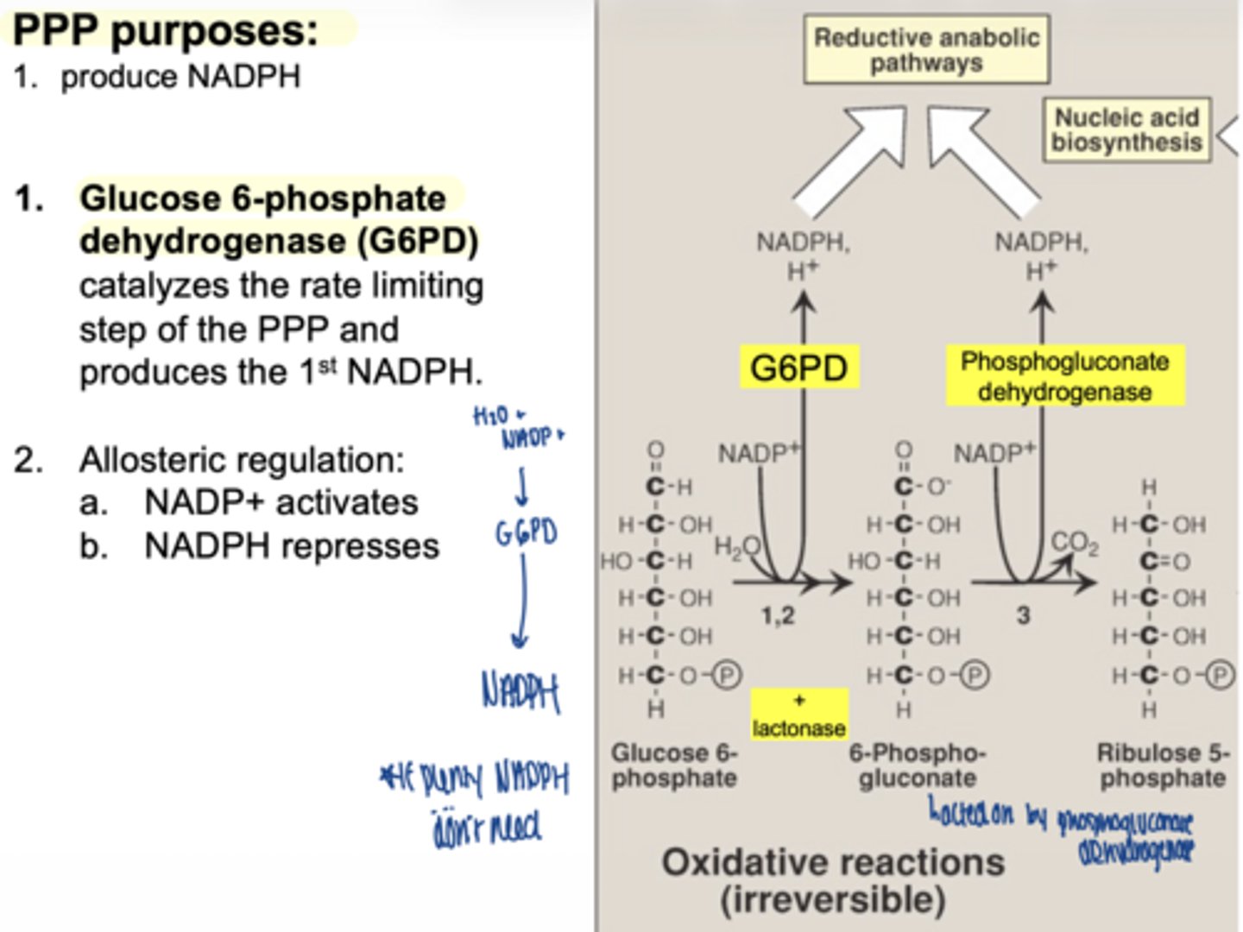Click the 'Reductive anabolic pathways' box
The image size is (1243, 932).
pyautogui.click(x=926, y=50)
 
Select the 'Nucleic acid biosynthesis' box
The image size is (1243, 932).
pyautogui.click(x=1126, y=129)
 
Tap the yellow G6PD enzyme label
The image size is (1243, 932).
pyautogui.click(x=798, y=368)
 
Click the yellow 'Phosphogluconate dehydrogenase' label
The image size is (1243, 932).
pyautogui.click(x=1064, y=376)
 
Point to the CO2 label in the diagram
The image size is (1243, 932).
pyautogui.click(x=1075, y=544)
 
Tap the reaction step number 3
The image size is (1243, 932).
pyautogui.click(x=1023, y=616)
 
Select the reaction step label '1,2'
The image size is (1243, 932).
pyautogui.click(x=777, y=616)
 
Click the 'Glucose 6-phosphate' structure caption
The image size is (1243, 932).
pyautogui.click(x=674, y=765)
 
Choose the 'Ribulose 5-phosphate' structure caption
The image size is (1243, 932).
pyautogui.click(x=1162, y=765)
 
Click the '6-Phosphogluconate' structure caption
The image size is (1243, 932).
pyautogui.click(x=917, y=765)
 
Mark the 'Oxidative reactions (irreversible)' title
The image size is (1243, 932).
pyautogui.click(x=833, y=880)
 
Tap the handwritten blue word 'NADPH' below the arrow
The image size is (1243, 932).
pyautogui.click(x=521, y=692)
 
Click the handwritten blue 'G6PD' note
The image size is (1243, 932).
pyautogui.click(x=526, y=532)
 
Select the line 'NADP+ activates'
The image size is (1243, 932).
pyautogui.click(x=281, y=502)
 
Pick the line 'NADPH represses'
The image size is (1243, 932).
pyautogui.click(x=291, y=546)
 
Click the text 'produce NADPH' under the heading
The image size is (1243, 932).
pyautogui.click(x=180, y=77)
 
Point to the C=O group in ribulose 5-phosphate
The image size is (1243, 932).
pyautogui.click(x=1164, y=562)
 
